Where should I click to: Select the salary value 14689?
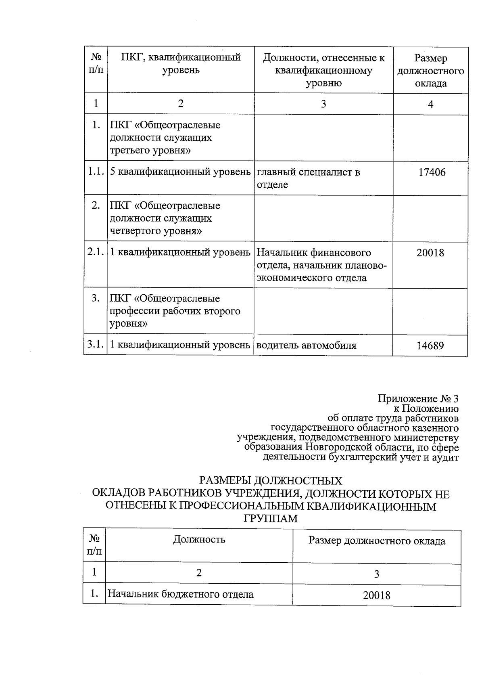click(430, 346)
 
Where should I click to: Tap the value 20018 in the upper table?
click(430, 253)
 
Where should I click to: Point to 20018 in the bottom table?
click(376, 595)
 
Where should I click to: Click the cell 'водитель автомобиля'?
click(307, 346)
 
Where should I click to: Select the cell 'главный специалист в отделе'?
click(309, 178)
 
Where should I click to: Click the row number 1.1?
click(96, 172)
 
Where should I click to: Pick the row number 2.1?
click(96, 252)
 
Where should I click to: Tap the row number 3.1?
click(96, 345)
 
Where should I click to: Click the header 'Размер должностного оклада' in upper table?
click(430, 71)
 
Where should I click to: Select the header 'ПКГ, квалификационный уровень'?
click(181, 64)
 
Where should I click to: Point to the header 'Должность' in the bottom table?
click(199, 539)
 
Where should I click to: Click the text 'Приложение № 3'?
click(418, 399)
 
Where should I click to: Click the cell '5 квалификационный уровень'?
click(180, 172)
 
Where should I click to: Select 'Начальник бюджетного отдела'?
click(180, 594)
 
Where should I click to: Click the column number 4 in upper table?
click(430, 105)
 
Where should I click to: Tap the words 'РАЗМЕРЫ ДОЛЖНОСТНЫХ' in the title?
click(271, 481)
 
